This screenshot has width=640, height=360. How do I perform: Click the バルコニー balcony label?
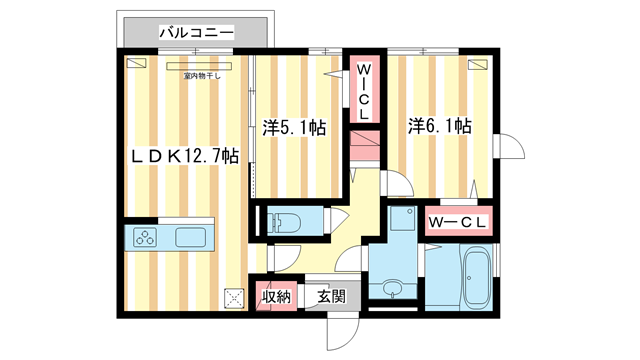[x=196, y=33]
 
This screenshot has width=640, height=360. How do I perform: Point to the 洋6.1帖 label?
[x=439, y=127]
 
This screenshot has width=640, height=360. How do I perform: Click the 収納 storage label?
[x=277, y=296]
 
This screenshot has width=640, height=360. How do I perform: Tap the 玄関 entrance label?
[x=332, y=296]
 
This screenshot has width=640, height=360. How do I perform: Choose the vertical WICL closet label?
[x=365, y=87]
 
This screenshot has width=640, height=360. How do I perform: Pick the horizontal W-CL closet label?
[x=458, y=222]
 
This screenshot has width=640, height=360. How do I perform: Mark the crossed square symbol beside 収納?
[x=235, y=297]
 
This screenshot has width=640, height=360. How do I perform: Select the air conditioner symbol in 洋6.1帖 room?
[x=480, y=63]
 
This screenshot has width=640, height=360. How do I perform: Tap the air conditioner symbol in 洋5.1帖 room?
[x=329, y=63]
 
